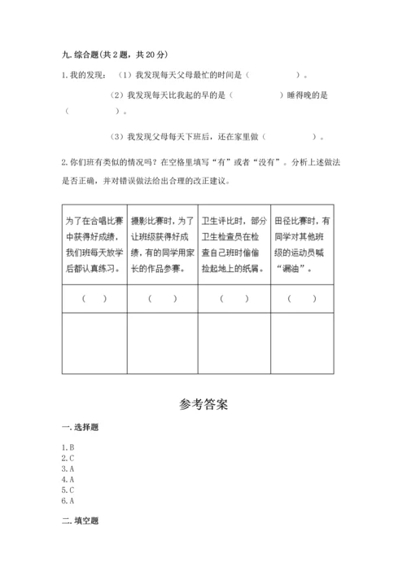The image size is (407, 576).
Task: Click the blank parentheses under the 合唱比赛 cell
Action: pos(94,298)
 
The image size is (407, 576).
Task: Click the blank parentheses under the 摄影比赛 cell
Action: pos(163,298)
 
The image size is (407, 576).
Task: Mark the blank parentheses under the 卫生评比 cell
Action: pos(234,298)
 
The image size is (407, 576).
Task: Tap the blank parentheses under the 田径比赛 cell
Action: pos(303,298)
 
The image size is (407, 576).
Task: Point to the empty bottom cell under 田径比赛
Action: pos(303,342)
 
